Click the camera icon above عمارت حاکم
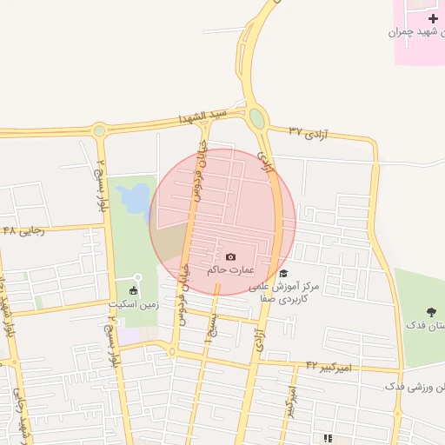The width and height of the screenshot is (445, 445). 230,256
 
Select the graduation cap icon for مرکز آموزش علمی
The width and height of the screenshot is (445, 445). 283,273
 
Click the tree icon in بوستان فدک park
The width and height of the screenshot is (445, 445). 431,311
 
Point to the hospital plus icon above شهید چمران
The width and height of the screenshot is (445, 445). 433,18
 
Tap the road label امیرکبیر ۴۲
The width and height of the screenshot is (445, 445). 331,368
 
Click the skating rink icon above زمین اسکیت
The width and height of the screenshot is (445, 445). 133,290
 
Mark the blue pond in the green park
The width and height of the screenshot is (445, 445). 136,199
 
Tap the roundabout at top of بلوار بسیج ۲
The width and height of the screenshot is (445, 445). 99,131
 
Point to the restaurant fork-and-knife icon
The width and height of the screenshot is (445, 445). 327,438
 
